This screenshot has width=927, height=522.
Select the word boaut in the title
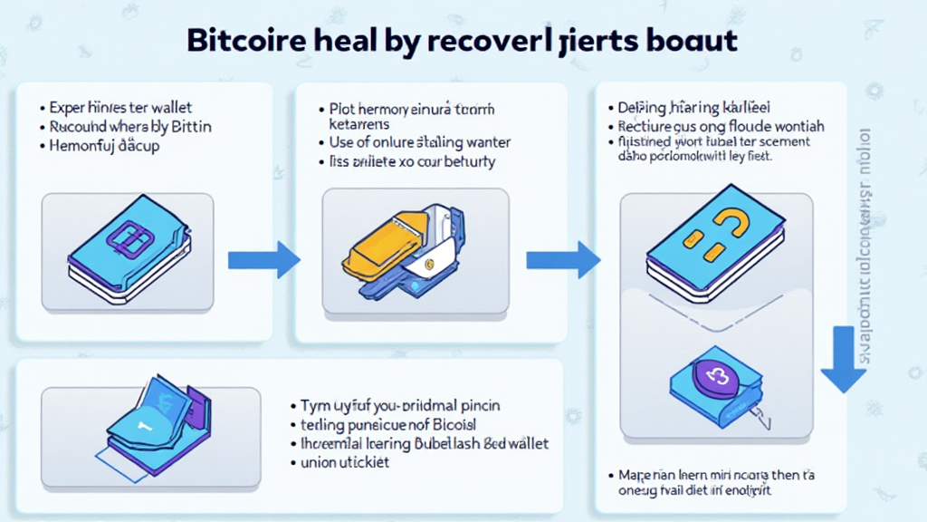pyautogui.click(x=692, y=42)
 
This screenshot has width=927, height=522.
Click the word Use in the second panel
pyautogui.click(x=341, y=142)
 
